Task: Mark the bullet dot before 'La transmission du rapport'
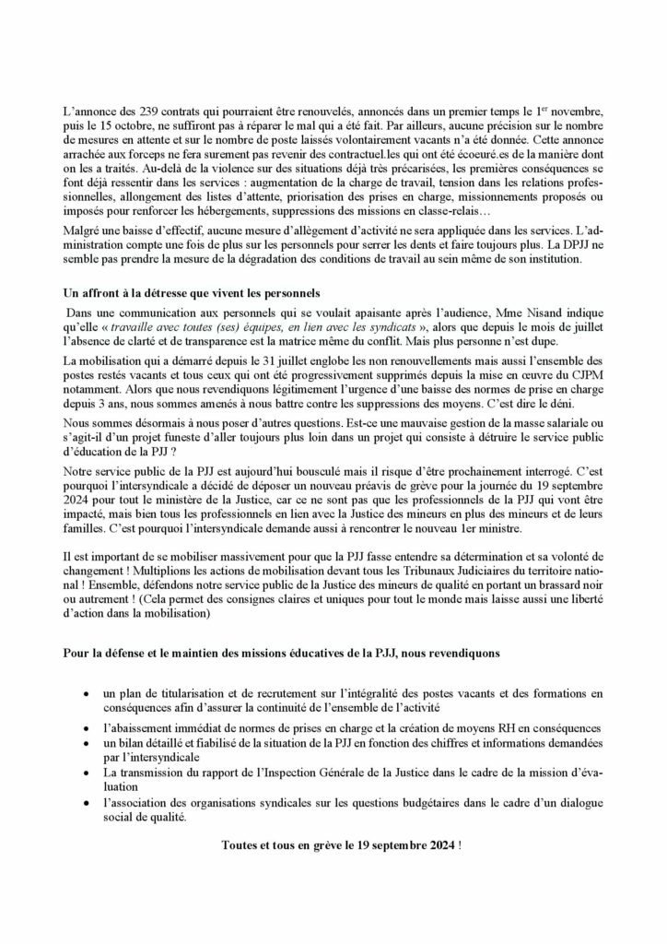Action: (86, 772)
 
